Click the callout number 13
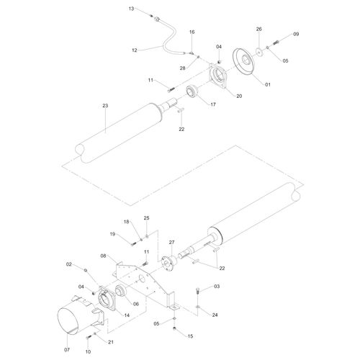[131, 9]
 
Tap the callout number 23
[105, 106]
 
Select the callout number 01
[268, 84]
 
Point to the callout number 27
[171, 243]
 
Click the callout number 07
[67, 350]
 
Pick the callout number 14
[127, 315]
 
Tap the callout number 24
[215, 315]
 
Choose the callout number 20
[239, 96]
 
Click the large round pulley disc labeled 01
[243, 63]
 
